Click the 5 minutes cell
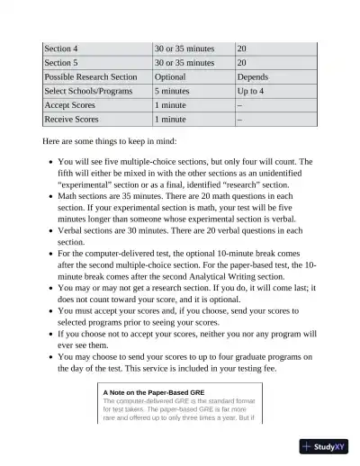coord(173,91)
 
